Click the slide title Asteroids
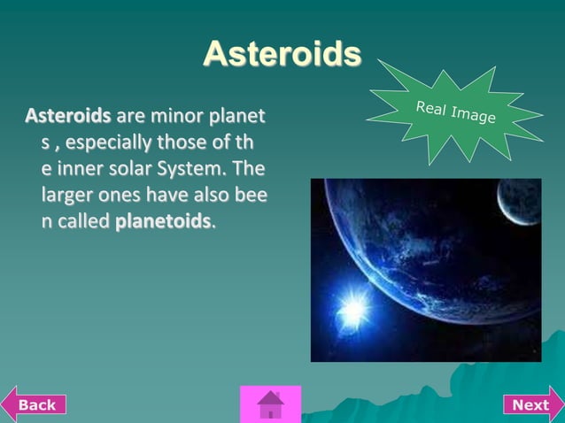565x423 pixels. (282, 54)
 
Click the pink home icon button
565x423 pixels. (270, 404)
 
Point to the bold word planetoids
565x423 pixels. (164, 221)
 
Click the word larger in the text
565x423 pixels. (67, 195)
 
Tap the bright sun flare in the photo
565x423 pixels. (354, 308)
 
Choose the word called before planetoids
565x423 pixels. (85, 221)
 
